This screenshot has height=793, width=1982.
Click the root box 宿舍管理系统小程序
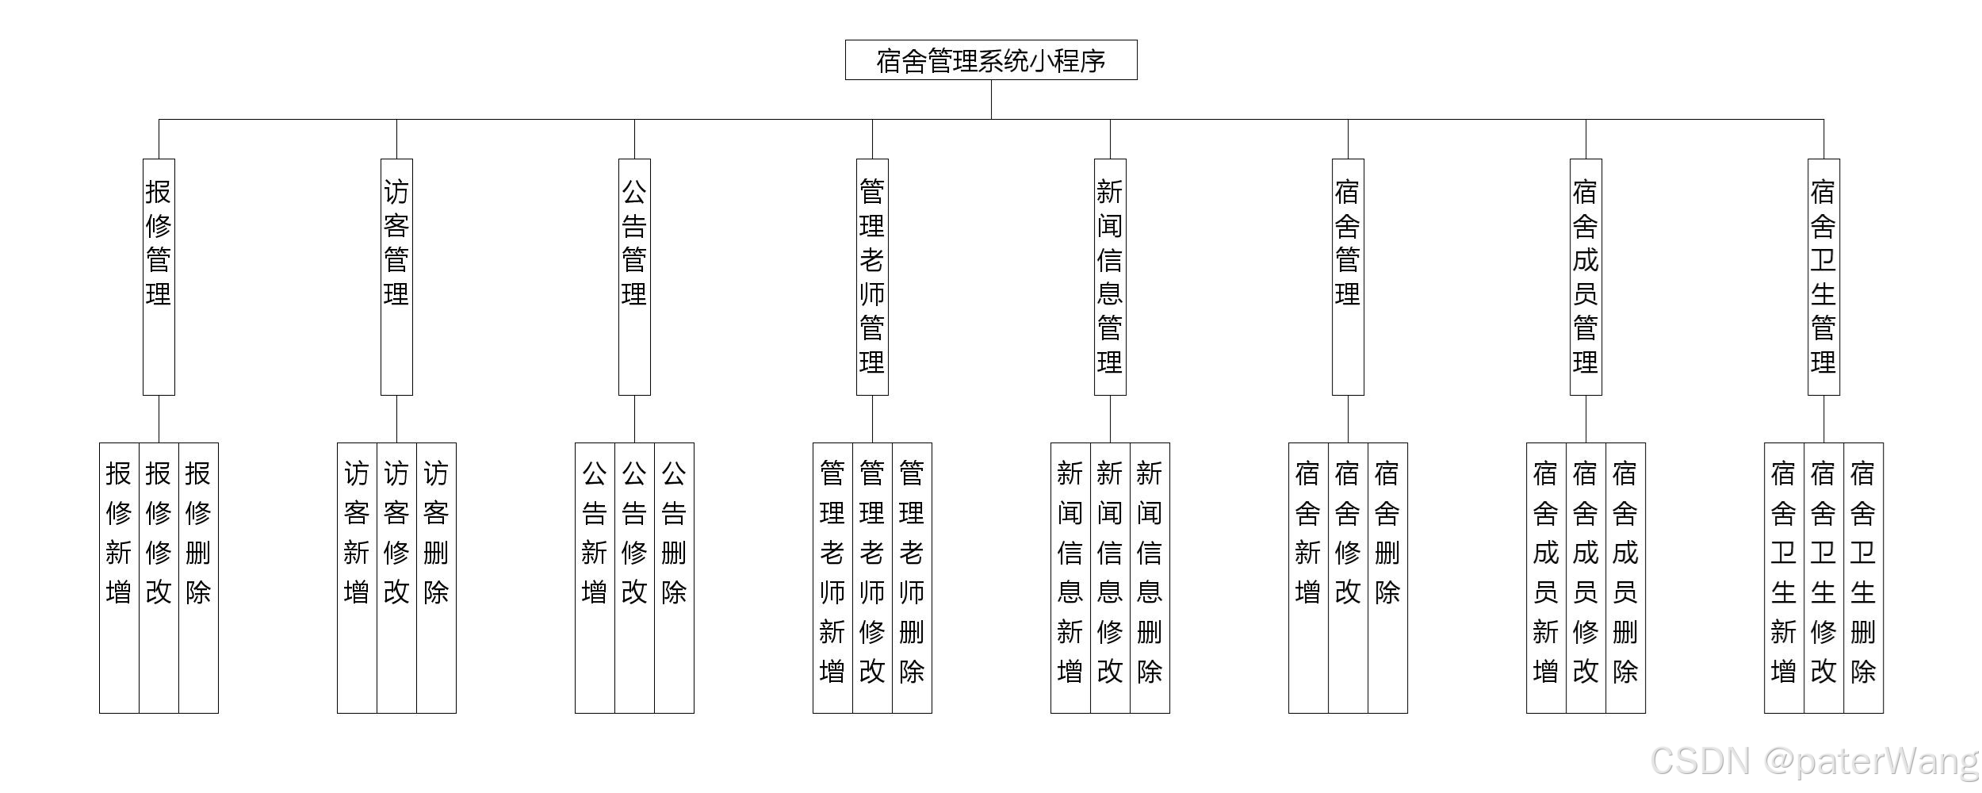(991, 60)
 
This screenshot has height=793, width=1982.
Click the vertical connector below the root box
(991, 99)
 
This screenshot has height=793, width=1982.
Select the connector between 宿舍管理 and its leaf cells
(1348, 419)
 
